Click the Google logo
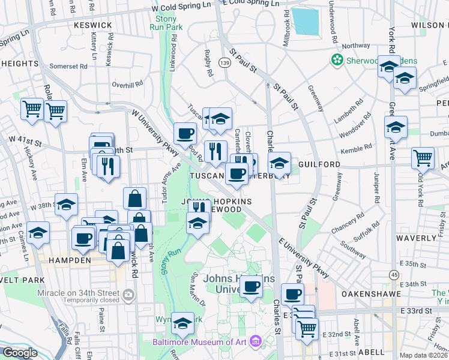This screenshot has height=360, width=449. [20, 353]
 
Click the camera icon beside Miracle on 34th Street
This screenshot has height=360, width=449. [128, 295]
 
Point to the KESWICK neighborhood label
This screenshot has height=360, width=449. [92, 25]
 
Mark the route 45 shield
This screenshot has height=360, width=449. [394, 274]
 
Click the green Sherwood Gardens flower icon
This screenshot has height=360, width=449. [337, 60]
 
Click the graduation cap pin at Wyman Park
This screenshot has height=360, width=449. [182, 323]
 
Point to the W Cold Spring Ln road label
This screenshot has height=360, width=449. [182, 7]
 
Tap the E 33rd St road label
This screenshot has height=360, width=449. [417, 311]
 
